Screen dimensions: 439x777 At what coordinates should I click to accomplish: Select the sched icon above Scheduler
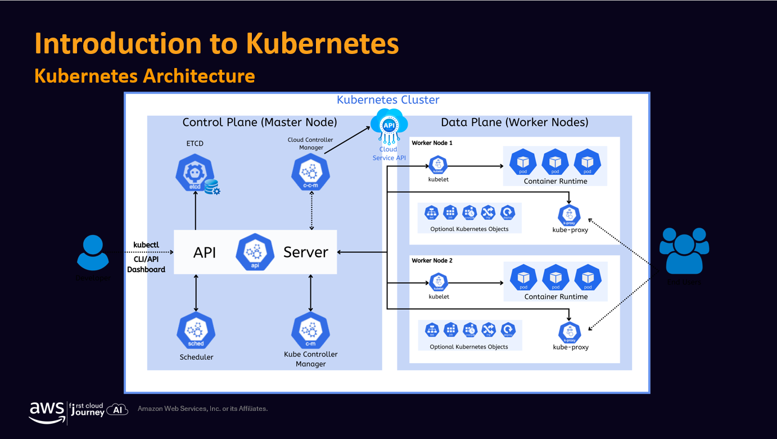point(196,332)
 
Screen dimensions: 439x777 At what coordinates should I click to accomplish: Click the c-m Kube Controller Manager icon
point(310,332)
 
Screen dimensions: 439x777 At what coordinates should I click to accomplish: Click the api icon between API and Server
point(255,252)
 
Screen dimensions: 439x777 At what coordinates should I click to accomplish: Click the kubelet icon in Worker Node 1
point(438,165)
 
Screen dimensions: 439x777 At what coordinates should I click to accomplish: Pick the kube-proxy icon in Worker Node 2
point(570,332)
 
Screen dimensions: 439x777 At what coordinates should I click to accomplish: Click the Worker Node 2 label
point(432,261)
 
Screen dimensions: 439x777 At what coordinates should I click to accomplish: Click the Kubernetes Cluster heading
point(388,100)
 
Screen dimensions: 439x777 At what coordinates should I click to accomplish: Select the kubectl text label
point(146,245)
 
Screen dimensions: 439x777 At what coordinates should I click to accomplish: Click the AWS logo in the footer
point(47,411)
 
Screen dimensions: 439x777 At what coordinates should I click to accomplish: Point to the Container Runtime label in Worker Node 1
point(555,182)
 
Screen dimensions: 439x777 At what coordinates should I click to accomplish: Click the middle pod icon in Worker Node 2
point(555,277)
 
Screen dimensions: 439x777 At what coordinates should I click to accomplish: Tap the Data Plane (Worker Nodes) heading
point(514,123)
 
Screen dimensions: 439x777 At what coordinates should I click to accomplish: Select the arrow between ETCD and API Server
point(196,211)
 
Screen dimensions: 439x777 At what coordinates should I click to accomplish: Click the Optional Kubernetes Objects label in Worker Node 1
point(469,229)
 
